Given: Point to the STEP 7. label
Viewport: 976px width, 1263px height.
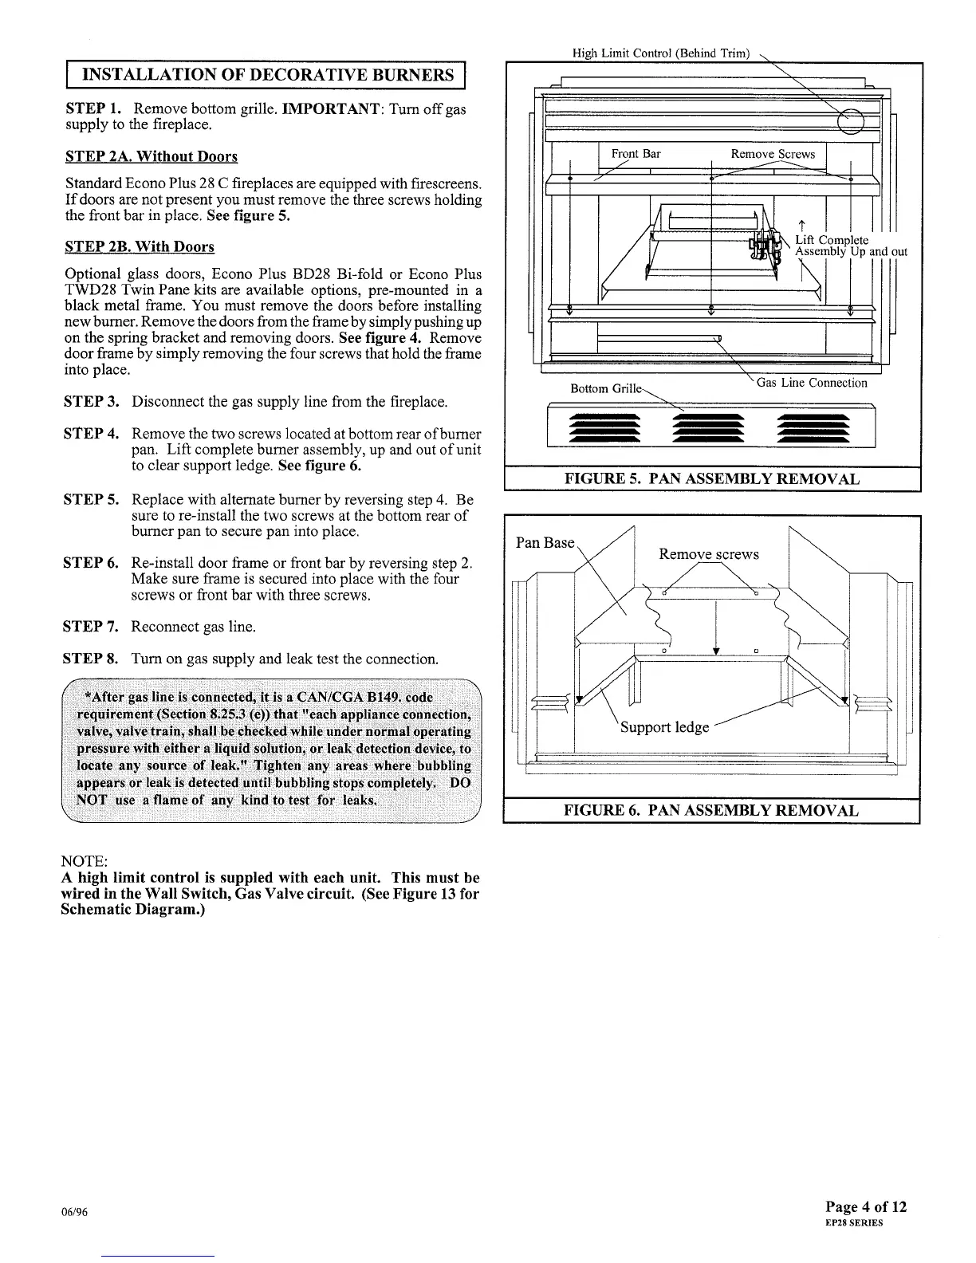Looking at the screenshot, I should (91, 627).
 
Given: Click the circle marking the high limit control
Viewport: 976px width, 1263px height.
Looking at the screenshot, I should (852, 120).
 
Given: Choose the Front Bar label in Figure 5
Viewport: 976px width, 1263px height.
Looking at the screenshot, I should (636, 154).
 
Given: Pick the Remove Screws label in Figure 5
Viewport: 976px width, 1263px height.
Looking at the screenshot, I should (773, 154).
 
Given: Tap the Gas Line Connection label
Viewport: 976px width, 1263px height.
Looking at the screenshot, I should (811, 383).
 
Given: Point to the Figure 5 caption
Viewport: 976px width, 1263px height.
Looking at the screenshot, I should (711, 479).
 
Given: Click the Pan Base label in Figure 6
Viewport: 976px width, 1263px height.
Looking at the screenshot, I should (545, 543).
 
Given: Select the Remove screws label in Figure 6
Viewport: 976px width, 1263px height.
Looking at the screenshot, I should (709, 554).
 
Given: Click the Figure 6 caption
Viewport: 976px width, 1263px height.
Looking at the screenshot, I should (711, 811).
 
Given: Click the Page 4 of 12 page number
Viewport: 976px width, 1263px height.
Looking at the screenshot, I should (867, 1206).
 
